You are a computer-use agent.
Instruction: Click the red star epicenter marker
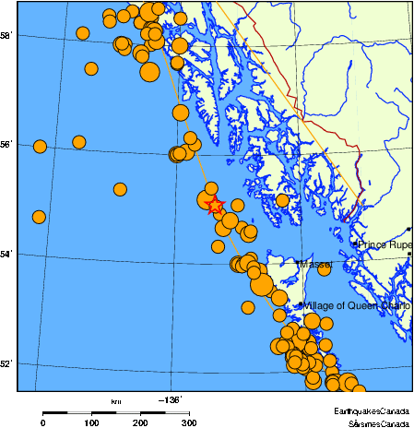tap(215, 205)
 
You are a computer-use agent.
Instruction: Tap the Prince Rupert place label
tap(385, 244)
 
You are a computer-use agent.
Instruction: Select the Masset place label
tap(315, 265)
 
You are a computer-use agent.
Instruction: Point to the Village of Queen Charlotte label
tap(357, 305)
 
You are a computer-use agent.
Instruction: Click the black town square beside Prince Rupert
tap(355, 244)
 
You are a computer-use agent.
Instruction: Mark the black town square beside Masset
tap(299, 264)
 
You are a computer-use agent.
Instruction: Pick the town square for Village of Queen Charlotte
tap(301, 305)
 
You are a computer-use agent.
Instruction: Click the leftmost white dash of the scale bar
tap(79, 412)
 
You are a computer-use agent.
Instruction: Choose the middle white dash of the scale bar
tap(128, 412)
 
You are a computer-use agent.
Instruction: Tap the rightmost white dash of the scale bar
tap(177, 412)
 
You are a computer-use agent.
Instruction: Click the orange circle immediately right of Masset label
tap(325, 268)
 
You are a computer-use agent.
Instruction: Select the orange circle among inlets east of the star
tap(282, 200)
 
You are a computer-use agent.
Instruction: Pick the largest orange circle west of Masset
tap(261, 283)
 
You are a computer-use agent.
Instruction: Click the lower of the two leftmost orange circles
tap(39, 217)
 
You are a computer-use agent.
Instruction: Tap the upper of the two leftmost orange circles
tap(40, 147)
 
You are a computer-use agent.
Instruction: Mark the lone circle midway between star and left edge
tap(120, 189)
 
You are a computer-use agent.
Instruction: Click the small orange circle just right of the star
tap(237, 205)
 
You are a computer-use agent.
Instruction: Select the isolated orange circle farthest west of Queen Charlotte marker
tap(247, 307)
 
